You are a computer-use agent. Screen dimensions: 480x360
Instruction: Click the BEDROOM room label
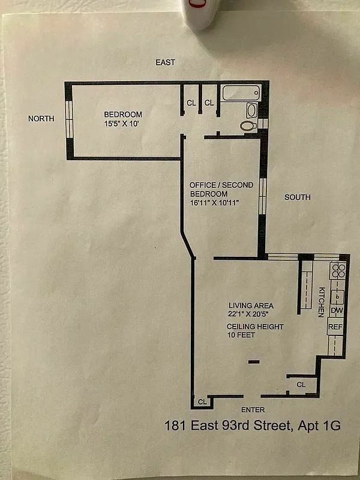tap(123, 115)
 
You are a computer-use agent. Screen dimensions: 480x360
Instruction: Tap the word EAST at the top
tap(166, 62)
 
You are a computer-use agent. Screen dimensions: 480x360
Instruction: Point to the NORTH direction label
tap(41, 119)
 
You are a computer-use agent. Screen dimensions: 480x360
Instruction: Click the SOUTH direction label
tap(298, 197)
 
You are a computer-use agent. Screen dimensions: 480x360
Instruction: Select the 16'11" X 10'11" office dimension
tap(214, 203)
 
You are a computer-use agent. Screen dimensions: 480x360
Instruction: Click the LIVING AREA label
tap(251, 305)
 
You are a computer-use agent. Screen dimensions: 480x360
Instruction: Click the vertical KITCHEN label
tap(321, 301)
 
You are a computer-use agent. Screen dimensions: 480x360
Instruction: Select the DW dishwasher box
tap(337, 310)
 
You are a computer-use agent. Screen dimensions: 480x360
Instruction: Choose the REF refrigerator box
tap(336, 328)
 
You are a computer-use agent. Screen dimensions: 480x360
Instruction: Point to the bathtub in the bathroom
tap(241, 93)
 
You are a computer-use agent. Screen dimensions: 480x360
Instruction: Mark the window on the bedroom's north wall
tap(69, 119)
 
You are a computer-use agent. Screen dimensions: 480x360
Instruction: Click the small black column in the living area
tap(254, 361)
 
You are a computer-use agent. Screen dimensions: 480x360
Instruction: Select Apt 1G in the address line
tap(319, 426)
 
